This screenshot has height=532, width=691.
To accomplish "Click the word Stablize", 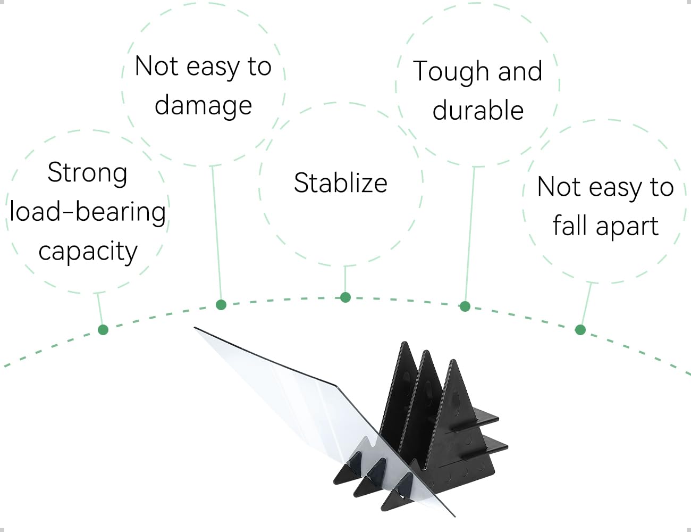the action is (341, 183).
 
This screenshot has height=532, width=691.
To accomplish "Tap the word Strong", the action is (88, 173).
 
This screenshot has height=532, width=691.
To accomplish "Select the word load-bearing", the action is (88, 213).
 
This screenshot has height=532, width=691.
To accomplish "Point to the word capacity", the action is (88, 251).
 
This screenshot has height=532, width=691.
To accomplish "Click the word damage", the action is (203, 106).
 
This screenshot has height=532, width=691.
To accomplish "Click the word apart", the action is (627, 227).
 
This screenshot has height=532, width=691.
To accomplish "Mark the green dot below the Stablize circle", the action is (345, 297).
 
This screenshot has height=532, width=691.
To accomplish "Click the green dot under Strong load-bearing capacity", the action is (103, 330).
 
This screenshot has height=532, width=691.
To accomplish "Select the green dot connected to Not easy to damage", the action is (221, 305).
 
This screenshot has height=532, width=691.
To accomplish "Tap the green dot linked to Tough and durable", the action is (465, 306).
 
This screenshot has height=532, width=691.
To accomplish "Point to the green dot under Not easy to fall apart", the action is (580, 330).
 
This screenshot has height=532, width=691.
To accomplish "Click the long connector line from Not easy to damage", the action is (216, 233).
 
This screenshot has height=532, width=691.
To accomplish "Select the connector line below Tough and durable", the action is (470, 234).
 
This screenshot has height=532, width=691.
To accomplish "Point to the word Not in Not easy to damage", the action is (156, 66).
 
